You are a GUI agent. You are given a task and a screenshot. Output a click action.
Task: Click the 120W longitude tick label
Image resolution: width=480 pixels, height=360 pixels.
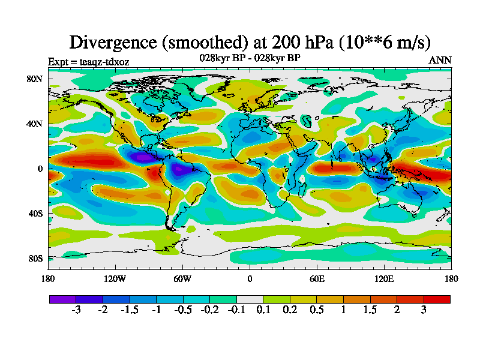115,278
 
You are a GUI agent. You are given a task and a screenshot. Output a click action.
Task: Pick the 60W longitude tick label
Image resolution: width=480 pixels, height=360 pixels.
182,278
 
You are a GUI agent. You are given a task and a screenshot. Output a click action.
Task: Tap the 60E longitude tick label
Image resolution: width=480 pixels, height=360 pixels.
317,278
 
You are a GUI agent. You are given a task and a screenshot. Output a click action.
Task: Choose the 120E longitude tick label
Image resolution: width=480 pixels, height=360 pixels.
384,278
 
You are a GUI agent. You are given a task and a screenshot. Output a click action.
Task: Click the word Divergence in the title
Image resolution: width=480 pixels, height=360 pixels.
115,42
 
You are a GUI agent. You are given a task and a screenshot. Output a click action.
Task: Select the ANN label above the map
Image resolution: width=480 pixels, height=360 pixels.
440,61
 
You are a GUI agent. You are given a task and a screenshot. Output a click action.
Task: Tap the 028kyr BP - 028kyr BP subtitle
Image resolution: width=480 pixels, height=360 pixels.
250,58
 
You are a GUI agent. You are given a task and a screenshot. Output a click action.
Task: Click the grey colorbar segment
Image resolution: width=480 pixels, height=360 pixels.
250,299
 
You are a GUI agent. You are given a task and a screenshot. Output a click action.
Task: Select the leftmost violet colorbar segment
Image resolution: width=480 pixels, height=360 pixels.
62,299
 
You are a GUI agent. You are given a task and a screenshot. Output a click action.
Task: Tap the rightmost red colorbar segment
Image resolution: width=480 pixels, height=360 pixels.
437,299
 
